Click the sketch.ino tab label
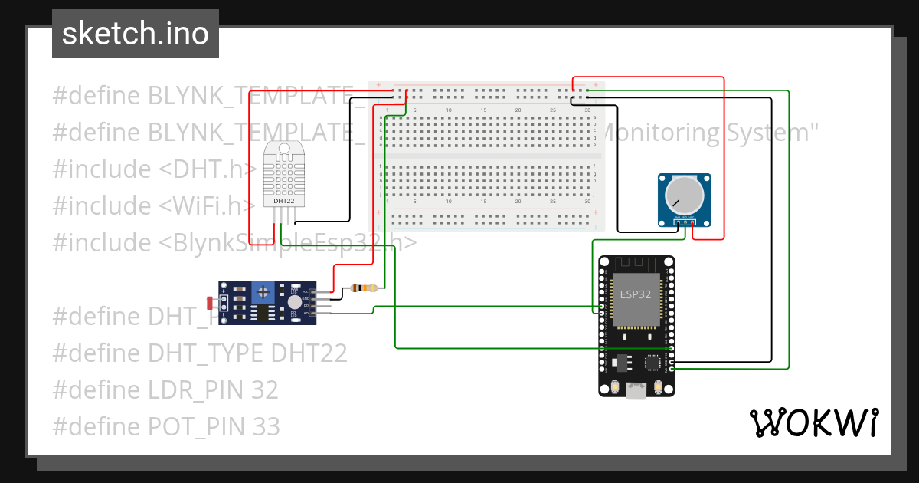pyautogui.click(x=136, y=34)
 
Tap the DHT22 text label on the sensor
pyautogui.click(x=283, y=202)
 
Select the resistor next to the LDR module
pyautogui.click(x=363, y=288)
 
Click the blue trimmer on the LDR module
pyautogui.click(x=264, y=291)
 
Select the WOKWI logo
pyautogui.click(x=813, y=423)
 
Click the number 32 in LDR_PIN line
pyautogui.click(x=264, y=389)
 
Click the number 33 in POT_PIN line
pyautogui.click(x=265, y=426)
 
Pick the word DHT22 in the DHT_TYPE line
pyautogui.click(x=309, y=353)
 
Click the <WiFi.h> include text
pyautogui.click(x=207, y=205)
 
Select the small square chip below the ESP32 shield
pyautogui.click(x=653, y=363)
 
